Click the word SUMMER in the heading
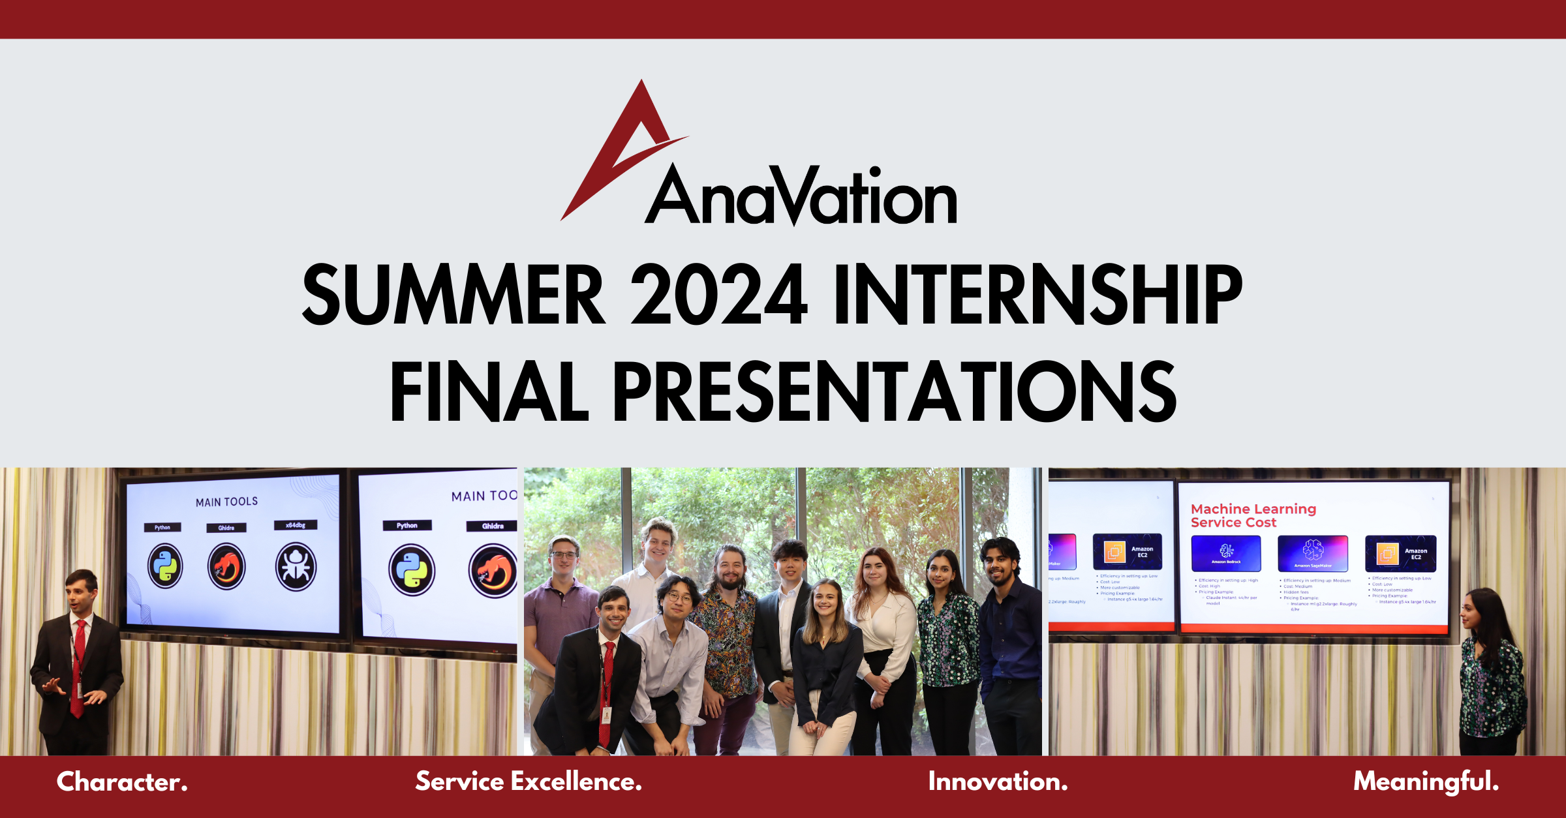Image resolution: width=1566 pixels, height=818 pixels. click(x=453, y=295)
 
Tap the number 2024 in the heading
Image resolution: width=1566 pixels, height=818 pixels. click(x=719, y=295)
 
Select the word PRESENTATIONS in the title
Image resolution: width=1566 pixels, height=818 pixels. click(x=894, y=391)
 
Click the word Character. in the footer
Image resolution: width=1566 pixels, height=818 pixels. click(x=122, y=781)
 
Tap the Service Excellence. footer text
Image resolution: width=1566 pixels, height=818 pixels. click(x=529, y=781)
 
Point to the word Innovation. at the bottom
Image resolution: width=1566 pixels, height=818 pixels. click(x=998, y=781)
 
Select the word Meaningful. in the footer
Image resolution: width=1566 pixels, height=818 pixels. click(x=1426, y=781)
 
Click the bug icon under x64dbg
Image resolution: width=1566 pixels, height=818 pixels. click(x=296, y=566)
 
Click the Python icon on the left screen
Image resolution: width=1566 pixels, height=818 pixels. click(x=165, y=566)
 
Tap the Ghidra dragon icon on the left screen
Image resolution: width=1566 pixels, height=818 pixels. click(x=226, y=566)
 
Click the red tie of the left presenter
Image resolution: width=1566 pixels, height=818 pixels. click(x=78, y=665)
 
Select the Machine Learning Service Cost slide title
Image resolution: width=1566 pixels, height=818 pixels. click(x=1253, y=515)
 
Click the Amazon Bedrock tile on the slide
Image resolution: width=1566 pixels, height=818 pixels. click(x=1225, y=553)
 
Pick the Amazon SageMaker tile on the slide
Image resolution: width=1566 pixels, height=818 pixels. click(x=1312, y=553)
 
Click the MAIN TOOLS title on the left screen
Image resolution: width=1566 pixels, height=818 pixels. click(x=226, y=502)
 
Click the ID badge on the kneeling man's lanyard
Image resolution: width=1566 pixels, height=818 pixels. click(x=606, y=715)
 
